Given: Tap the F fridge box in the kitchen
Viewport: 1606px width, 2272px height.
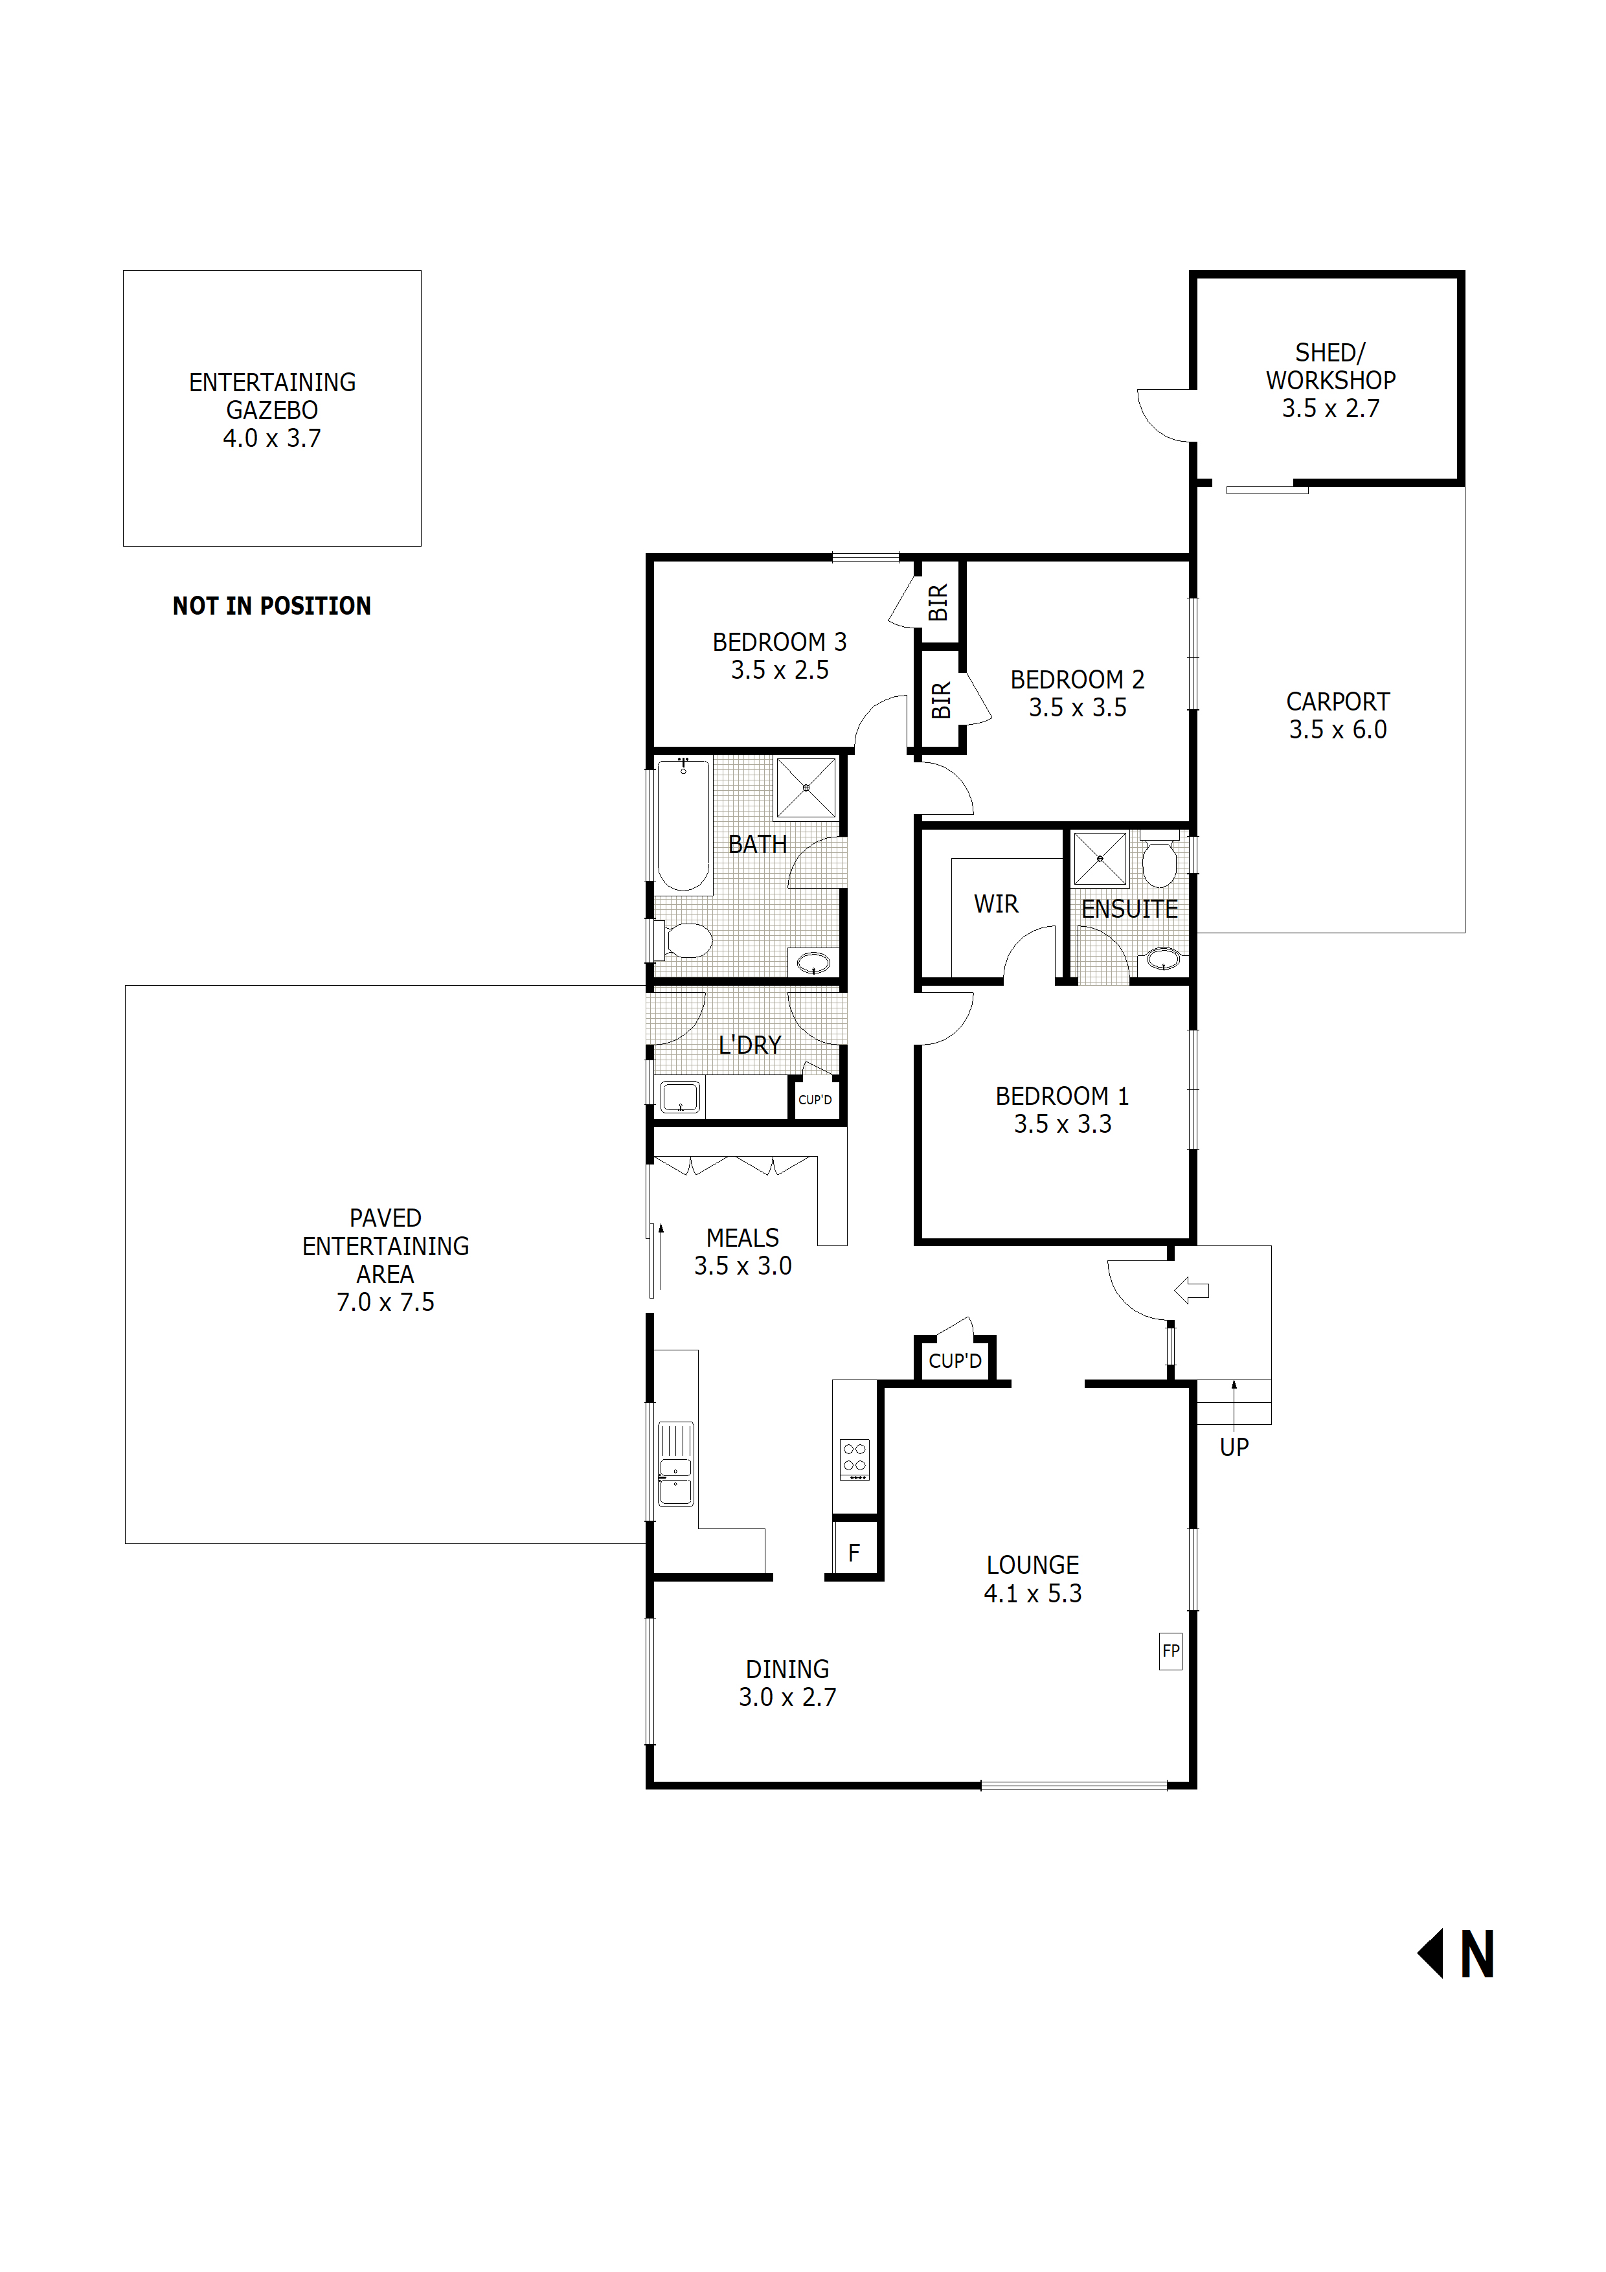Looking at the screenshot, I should pos(854,1552).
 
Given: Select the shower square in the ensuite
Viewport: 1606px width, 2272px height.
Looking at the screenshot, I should pos(1100,858).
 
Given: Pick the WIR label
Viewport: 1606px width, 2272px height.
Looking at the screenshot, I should pos(995,903).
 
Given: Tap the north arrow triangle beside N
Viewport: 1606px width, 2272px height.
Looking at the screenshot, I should pos(1431,1953).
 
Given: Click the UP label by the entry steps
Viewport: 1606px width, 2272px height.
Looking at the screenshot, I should pos(1234,1447).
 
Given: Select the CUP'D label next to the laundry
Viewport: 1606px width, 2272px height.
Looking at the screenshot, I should pos(815,1099).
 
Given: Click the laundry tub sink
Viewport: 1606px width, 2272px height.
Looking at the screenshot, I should pos(680,1096).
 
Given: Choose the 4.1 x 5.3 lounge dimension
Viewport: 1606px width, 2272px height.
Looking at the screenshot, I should pos(1032,1593).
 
